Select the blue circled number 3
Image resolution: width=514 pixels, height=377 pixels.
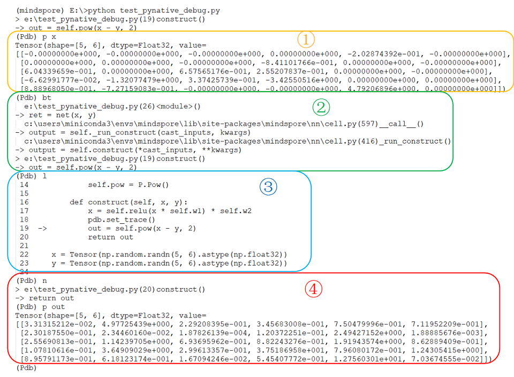(x=268, y=186)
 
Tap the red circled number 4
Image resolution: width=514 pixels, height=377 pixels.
(x=313, y=289)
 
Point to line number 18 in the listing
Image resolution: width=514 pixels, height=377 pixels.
(x=24, y=220)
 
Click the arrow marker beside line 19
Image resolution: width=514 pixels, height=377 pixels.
(x=43, y=228)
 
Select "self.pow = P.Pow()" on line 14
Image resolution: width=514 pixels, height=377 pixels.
(x=128, y=185)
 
